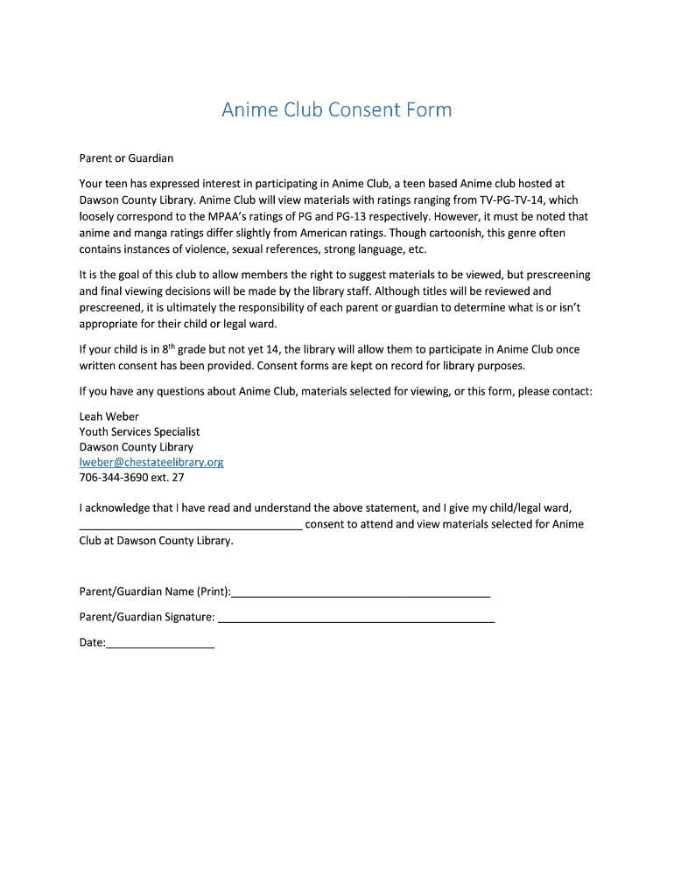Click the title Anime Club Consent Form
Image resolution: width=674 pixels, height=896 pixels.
pos(336,110)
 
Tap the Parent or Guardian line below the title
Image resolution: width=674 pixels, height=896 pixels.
pos(126,158)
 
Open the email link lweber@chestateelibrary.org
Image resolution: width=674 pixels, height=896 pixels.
pos(151,462)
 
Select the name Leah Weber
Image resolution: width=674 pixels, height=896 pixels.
pos(109,416)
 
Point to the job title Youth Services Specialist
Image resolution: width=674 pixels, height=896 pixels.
pos(139,431)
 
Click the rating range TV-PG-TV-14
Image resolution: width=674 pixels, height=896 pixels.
pos(504,200)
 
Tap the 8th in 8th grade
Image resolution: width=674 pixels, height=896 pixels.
pos(168,348)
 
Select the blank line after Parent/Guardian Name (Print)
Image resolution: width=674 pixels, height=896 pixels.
pos(360,593)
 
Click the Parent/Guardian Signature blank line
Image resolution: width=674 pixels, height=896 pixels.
pos(355,619)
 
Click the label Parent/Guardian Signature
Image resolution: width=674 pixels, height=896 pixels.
pos(146,618)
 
